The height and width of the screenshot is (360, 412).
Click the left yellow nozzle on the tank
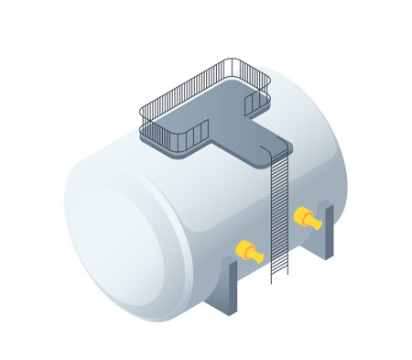click(x=249, y=251)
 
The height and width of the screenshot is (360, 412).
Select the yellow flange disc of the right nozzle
click(x=301, y=215)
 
